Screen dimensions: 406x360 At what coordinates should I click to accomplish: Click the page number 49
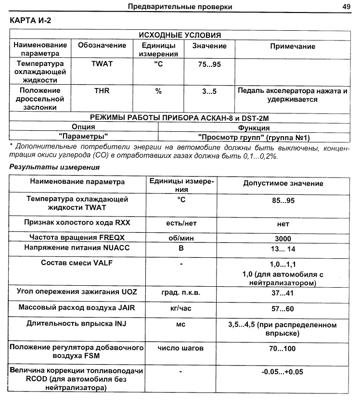pyautogui.click(x=346, y=7)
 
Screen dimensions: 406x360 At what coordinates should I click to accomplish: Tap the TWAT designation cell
pyautogui.click(x=102, y=64)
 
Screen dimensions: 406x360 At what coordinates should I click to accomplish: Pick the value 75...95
pyautogui.click(x=209, y=64)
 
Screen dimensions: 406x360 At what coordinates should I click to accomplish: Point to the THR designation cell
pyautogui.click(x=102, y=90)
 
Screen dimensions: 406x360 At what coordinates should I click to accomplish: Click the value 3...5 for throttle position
pyautogui.click(x=209, y=90)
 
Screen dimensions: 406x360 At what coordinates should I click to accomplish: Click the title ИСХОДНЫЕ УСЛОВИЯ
pyautogui.click(x=180, y=35)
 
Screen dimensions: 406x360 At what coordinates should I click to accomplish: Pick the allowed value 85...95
pyautogui.click(x=283, y=200)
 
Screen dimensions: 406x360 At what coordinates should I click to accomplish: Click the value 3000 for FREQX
pyautogui.click(x=283, y=238)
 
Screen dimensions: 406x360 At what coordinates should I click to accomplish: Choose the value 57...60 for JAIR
pyautogui.click(x=283, y=308)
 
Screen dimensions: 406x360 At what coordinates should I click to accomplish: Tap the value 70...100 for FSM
pyautogui.click(x=283, y=348)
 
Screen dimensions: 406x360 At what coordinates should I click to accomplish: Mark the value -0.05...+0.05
pyautogui.click(x=283, y=372)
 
